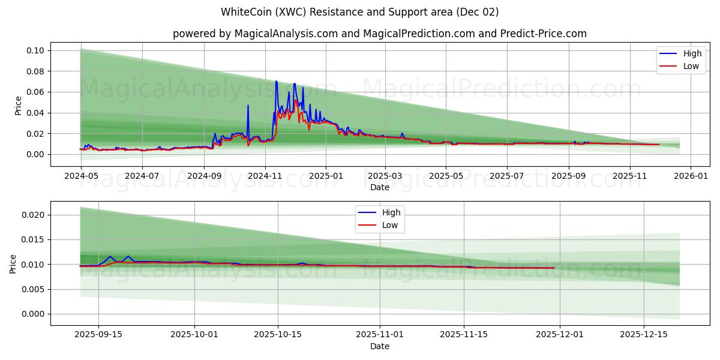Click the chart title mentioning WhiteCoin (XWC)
[359, 12]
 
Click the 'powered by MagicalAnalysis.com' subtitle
[379, 34]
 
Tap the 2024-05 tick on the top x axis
[80, 176]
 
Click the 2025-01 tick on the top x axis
[326, 176]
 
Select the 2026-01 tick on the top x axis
[691, 176]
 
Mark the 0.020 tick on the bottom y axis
[34, 215]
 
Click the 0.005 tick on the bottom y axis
[34, 289]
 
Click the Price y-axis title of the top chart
[18, 106]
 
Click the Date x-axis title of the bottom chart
[379, 346]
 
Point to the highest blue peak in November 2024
[276, 81]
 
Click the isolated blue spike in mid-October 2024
[248, 106]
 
